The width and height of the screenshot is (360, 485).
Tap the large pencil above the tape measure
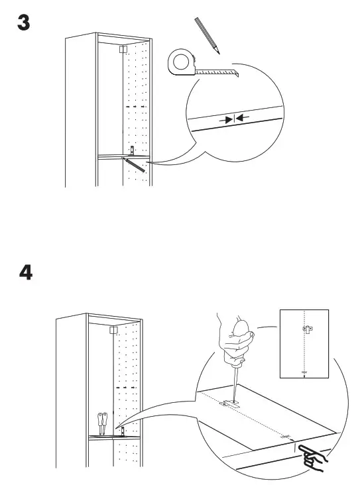(206, 36)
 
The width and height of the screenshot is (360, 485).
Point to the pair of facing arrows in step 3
(235, 119)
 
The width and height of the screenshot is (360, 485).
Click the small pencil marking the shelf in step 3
(135, 164)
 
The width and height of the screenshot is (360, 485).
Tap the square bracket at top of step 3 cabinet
(123, 48)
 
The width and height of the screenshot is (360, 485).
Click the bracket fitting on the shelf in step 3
(131, 151)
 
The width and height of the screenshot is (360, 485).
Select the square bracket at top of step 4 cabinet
(113, 329)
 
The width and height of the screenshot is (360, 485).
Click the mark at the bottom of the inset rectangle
(304, 372)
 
